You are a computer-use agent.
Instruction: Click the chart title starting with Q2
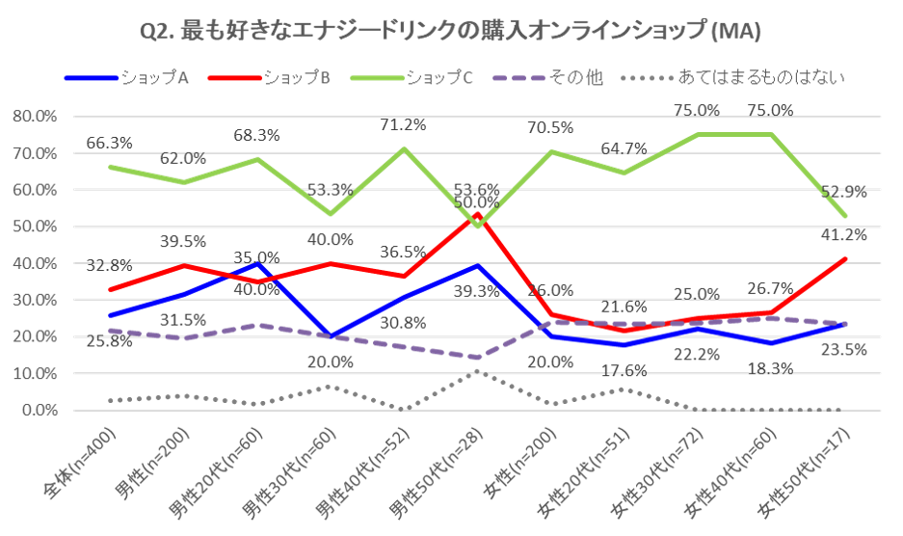[451, 32]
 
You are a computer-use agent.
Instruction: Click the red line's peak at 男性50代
[478, 215]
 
